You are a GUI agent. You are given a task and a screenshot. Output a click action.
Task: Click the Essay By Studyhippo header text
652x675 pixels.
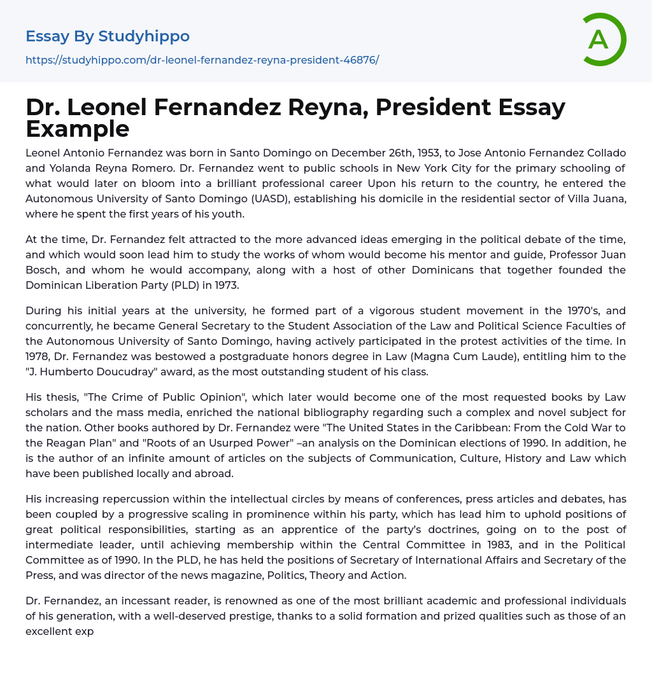point(108,36)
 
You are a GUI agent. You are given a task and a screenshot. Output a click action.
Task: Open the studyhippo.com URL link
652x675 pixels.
point(202,60)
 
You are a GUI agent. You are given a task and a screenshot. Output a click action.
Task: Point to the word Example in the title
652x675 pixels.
point(78,129)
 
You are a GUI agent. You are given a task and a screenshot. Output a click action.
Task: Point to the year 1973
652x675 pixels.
point(225,285)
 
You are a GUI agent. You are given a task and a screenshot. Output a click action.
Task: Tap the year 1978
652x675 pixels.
point(38,357)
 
